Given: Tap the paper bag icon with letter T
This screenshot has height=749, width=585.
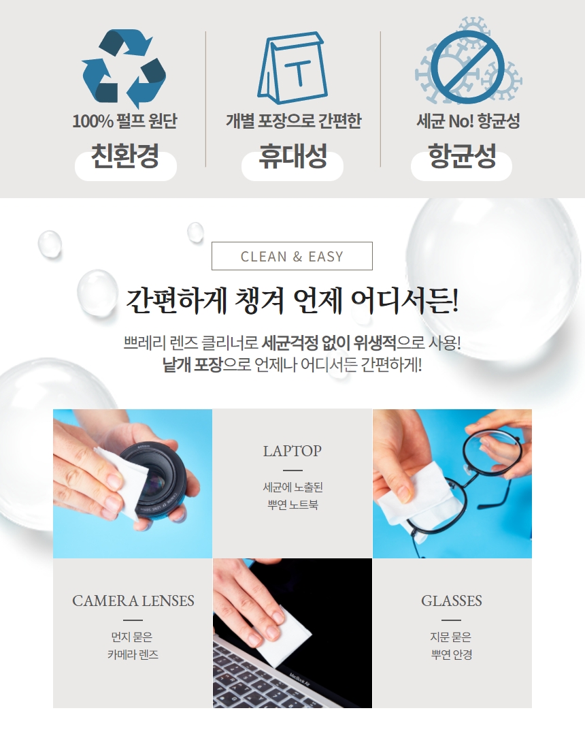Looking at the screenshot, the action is tap(292, 67).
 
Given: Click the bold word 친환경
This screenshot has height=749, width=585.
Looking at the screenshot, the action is tap(125, 156).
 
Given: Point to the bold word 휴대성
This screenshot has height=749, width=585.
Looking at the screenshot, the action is tap(292, 156).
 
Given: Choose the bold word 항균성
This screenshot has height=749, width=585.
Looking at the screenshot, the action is tap(461, 156).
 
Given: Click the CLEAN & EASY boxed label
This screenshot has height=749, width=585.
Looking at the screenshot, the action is tap(292, 256).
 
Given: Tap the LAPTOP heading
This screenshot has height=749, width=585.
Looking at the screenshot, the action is tap(292, 451).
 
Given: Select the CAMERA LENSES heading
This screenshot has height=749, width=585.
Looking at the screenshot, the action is tap(133, 601).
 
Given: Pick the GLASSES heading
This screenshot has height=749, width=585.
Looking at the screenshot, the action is tap(452, 601).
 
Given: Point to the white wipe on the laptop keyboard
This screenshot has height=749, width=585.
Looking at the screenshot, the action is tap(282, 635).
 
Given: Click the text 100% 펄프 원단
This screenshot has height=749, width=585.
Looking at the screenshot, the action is tap(124, 121).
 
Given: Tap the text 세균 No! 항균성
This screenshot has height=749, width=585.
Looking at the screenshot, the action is tap(467, 121).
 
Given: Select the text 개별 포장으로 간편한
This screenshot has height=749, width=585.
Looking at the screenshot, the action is tap(293, 121).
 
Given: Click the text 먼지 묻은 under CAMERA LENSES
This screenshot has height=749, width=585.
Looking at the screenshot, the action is tap(132, 637).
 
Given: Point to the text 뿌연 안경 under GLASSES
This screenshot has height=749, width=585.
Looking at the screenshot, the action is tap(452, 654).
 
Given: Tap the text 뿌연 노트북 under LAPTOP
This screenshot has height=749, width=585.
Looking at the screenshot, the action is tap(292, 505).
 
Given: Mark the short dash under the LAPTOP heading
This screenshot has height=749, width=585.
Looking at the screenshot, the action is tap(292, 471).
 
